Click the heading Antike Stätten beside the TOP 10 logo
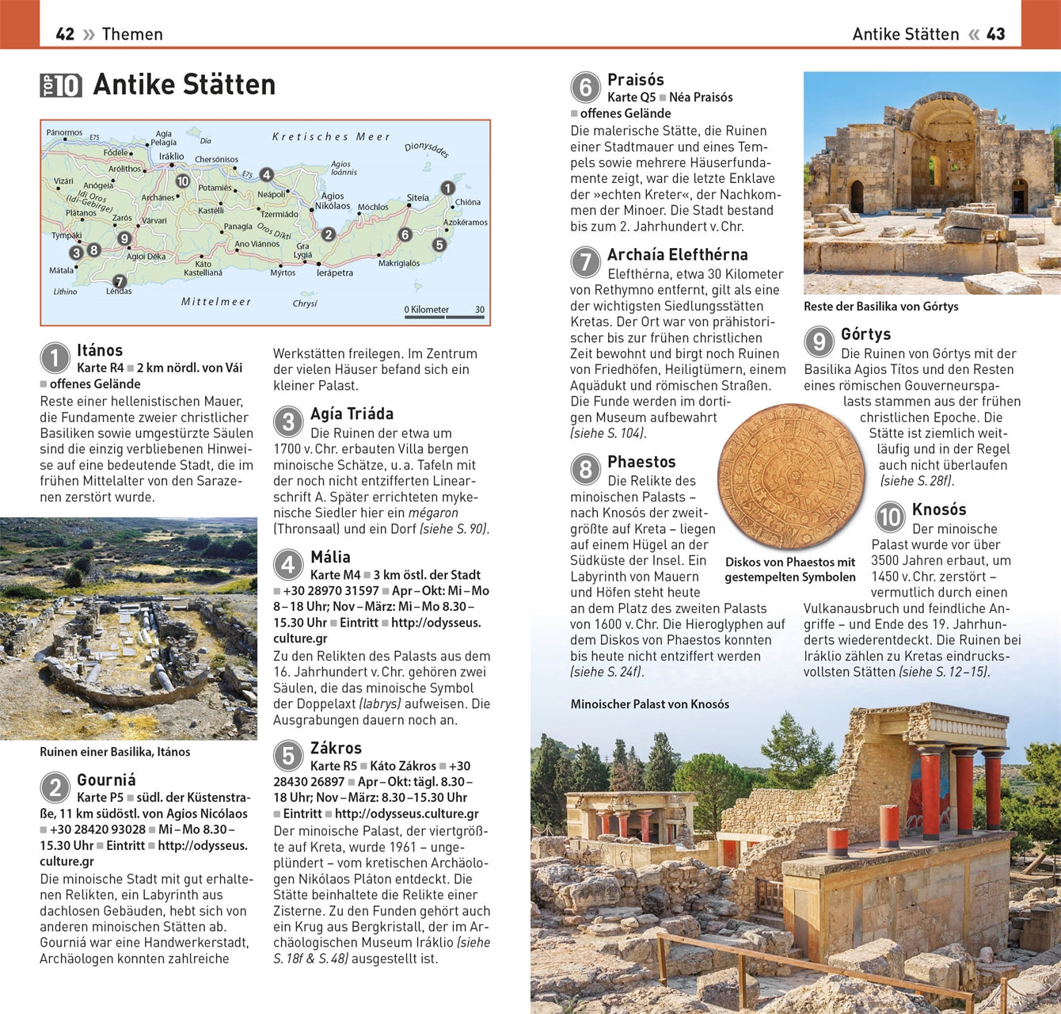pyautogui.click(x=184, y=85)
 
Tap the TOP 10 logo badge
pyautogui.click(x=61, y=86)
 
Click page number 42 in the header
pyautogui.click(x=65, y=34)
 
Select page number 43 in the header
pyautogui.click(x=995, y=34)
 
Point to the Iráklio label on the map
pyautogui.click(x=171, y=156)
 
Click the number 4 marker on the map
pyautogui.click(x=267, y=175)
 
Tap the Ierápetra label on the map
pyautogui.click(x=334, y=273)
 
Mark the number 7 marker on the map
pyautogui.click(x=119, y=281)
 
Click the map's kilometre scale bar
pyautogui.click(x=444, y=317)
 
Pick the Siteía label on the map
pyautogui.click(x=417, y=198)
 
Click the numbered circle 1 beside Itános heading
pyautogui.click(x=55, y=358)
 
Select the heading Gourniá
pyautogui.click(x=106, y=780)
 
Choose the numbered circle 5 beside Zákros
pyautogui.click(x=289, y=757)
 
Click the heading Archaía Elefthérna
pyautogui.click(x=677, y=254)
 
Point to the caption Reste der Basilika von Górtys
pyautogui.click(x=880, y=307)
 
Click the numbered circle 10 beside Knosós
pyautogui.click(x=890, y=517)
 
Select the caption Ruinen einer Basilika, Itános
pyautogui.click(x=115, y=752)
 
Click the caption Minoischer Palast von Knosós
pyautogui.click(x=649, y=704)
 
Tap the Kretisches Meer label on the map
pyautogui.click(x=331, y=137)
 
